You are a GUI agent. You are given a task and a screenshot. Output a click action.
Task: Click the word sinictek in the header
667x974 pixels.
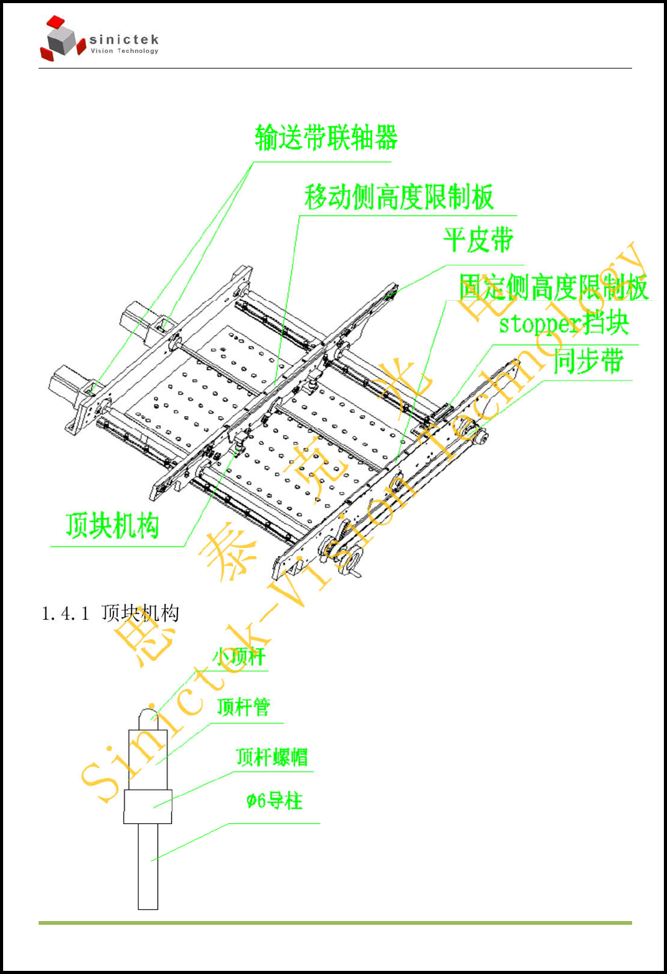[x=124, y=40]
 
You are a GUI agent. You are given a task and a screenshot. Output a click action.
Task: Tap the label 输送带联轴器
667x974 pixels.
[x=326, y=138]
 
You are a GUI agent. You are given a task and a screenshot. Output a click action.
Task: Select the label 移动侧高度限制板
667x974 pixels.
[x=399, y=197]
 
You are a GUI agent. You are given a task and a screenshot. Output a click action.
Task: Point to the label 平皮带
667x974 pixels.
[x=478, y=240]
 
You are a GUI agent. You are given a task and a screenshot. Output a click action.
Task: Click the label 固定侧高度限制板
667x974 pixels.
[x=553, y=287]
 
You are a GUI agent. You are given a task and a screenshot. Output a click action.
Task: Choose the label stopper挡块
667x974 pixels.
[x=564, y=323]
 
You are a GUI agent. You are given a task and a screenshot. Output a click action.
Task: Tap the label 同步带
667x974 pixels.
[x=588, y=361]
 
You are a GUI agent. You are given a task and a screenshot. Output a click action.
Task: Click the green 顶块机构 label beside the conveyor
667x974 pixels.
[x=112, y=526]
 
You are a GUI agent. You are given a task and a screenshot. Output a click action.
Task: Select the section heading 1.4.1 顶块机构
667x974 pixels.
[x=110, y=613]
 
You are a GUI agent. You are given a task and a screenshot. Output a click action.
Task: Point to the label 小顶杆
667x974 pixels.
[x=239, y=656]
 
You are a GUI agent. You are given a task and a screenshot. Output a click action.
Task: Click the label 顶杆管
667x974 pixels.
[x=244, y=707]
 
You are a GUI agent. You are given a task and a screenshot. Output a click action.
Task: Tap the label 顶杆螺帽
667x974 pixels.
[x=272, y=757]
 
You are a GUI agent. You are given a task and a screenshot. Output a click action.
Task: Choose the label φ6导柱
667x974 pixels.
[x=274, y=800]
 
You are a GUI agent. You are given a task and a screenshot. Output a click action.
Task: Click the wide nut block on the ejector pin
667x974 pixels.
[x=148, y=806]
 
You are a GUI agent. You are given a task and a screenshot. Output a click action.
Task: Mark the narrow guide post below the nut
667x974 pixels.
[x=148, y=866]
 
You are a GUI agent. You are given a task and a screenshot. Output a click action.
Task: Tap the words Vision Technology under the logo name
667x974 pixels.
[x=125, y=51]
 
